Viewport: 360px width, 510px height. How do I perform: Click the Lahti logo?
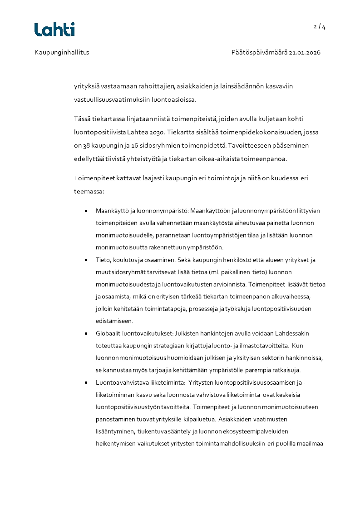point(54,30)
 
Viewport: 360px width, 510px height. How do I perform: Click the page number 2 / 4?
point(320,26)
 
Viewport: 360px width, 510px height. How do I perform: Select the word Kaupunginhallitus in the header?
point(62,52)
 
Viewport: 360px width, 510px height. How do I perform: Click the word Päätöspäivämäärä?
point(255,52)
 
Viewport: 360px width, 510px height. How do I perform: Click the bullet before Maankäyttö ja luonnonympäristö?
point(86,211)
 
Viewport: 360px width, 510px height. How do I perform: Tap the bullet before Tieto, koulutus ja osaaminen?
point(86,260)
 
